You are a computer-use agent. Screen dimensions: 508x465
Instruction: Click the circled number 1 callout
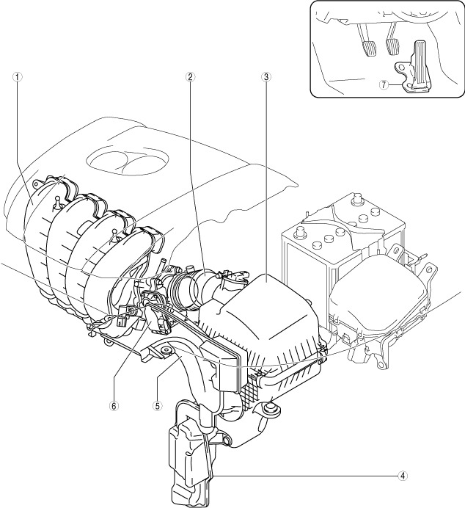pyautogui.click(x=17, y=76)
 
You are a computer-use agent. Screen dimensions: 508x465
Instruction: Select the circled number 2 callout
pyautogui.click(x=189, y=76)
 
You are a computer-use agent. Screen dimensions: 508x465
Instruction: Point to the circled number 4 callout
pyautogui.click(x=402, y=475)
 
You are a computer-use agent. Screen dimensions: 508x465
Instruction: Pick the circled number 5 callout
pyautogui.click(x=156, y=403)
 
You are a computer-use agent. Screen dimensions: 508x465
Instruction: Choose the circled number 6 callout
pyautogui.click(x=114, y=403)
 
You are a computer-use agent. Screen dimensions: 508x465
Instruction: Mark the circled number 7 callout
pyautogui.click(x=383, y=84)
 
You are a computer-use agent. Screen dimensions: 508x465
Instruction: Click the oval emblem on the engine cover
pyautogui.click(x=122, y=162)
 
